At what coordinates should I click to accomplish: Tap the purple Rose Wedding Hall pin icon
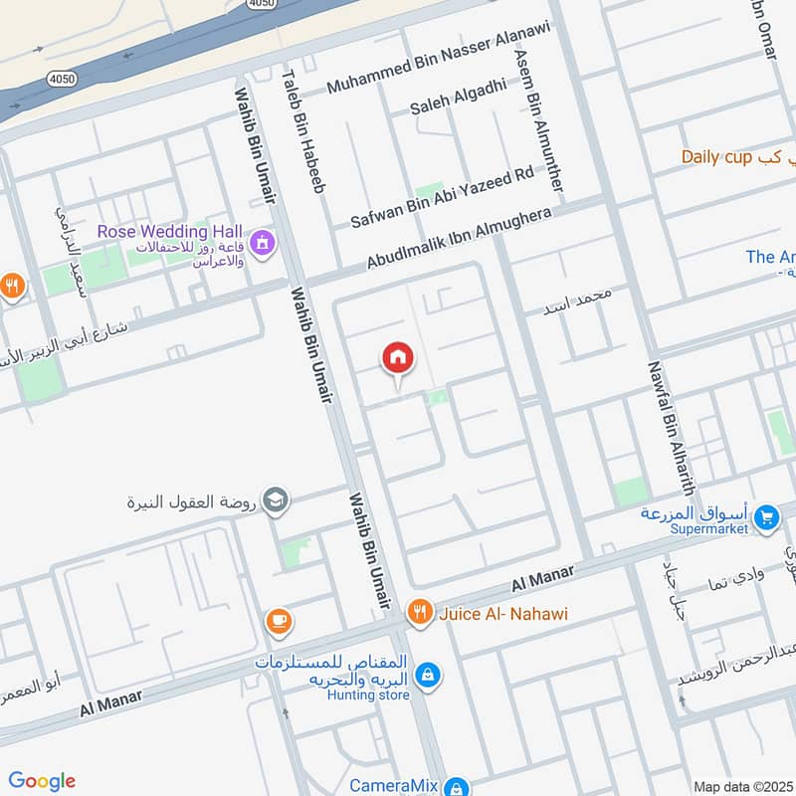click(263, 241)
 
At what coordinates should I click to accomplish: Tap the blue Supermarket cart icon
click(765, 517)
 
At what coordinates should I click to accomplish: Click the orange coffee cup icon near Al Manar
click(279, 622)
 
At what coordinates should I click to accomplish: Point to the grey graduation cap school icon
click(277, 499)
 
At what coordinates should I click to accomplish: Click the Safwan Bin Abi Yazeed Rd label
click(442, 198)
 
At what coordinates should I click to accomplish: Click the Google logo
click(42, 781)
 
